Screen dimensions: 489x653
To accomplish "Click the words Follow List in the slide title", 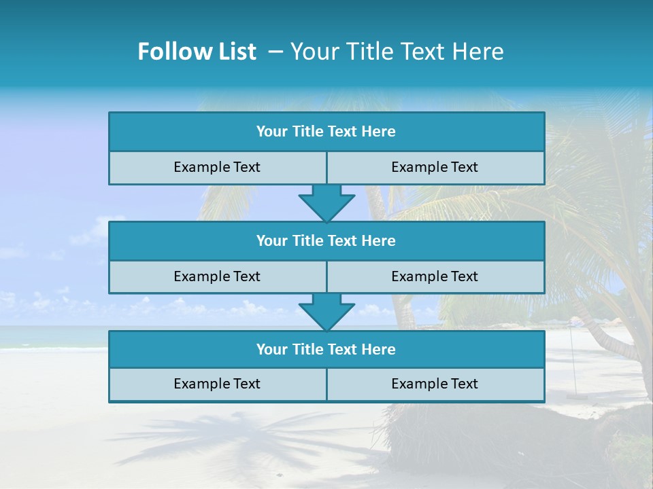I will click(x=197, y=52).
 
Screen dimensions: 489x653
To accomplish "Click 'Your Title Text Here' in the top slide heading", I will click(x=397, y=52).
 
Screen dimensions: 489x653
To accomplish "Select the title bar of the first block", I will click(x=326, y=132).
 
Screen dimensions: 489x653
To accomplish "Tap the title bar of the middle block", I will click(x=326, y=240).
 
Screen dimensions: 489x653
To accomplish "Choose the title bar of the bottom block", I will click(x=326, y=349).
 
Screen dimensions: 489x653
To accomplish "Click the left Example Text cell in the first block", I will click(x=217, y=167).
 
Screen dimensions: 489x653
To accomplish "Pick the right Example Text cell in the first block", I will click(x=435, y=167).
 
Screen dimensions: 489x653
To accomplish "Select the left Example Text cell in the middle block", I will click(x=217, y=276).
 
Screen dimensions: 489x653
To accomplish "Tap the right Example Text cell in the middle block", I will click(x=435, y=276).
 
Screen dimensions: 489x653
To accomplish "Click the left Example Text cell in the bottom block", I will click(x=217, y=384).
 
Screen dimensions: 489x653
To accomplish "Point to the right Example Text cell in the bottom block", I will click(x=435, y=384).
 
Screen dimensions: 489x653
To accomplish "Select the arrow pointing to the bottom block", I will click(x=326, y=311).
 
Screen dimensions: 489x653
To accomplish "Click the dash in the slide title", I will click(x=275, y=52).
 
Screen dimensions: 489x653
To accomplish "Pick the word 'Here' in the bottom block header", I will click(x=379, y=349).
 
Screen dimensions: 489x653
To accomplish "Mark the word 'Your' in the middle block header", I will click(x=271, y=240).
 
